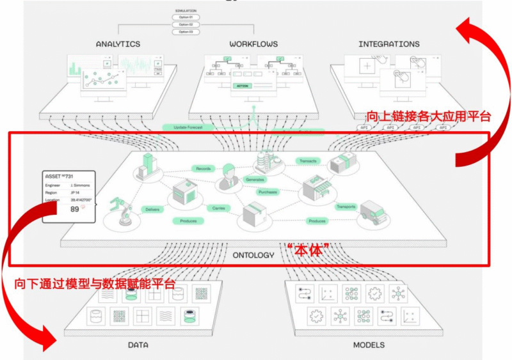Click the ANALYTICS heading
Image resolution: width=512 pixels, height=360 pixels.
118,44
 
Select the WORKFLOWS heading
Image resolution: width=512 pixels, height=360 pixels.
253,44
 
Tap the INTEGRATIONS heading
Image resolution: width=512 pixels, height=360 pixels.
389,44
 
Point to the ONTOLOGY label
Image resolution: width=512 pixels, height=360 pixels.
253,254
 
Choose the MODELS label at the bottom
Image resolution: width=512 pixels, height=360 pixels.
369,345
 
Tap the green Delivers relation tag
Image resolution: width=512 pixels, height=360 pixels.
152,209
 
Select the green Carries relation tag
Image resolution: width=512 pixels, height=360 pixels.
218,208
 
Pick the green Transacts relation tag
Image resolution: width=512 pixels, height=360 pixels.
308,161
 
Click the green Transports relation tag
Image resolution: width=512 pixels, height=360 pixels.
346,207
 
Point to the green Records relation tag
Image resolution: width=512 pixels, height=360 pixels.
204,169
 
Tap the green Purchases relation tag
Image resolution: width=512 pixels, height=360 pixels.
268,192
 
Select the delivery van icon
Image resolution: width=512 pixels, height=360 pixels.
374,214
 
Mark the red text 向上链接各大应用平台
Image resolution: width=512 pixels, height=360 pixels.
428,116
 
